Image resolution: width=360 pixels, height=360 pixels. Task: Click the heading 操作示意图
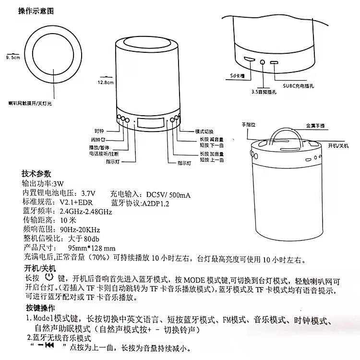pyautogui.click(x=36, y=10)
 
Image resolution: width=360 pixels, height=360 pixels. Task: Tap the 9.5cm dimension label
pyautogui.click(x=12, y=58)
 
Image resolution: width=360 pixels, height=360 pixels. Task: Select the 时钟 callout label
pyautogui.click(x=99, y=131)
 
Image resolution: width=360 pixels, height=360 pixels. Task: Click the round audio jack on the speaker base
pyautogui.click(x=263, y=61)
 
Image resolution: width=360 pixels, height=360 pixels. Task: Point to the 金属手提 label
pyautogui.click(x=315, y=126)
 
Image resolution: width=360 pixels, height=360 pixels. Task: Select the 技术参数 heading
pyautogui.click(x=36, y=174)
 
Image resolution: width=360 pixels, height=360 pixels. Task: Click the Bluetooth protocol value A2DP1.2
pyautogui.click(x=153, y=203)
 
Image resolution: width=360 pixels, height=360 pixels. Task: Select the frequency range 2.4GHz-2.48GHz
pyautogui.click(x=85, y=212)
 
